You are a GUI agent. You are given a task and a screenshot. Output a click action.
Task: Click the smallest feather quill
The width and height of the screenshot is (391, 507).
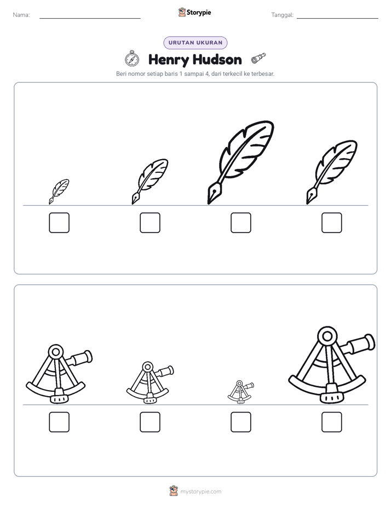[x=59, y=191]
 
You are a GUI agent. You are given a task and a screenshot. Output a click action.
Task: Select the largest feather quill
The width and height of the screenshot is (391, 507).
[x=240, y=162]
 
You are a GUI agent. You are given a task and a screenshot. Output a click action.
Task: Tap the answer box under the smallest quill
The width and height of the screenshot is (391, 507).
[x=59, y=222]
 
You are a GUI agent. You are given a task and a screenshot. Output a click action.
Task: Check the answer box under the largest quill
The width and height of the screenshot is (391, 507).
[x=240, y=222]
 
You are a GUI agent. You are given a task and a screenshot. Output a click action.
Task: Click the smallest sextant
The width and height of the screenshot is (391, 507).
[x=240, y=392]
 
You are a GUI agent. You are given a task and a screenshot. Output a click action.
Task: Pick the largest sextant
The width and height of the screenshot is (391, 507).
[x=332, y=365]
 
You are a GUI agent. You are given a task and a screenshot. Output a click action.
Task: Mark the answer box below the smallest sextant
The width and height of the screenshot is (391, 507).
[x=240, y=422]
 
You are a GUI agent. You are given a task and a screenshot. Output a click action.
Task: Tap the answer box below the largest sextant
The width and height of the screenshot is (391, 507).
[x=332, y=422]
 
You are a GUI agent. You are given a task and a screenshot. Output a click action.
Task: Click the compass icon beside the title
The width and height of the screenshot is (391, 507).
[x=132, y=59]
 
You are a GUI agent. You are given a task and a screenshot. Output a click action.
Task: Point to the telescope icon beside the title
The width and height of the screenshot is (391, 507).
[x=258, y=58]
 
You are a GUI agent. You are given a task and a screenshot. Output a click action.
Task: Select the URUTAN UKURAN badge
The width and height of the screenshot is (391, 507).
[x=196, y=43]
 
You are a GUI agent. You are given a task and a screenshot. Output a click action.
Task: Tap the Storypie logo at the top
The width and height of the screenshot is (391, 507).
[x=194, y=12]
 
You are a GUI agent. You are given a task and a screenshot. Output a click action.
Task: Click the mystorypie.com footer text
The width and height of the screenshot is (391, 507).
[x=200, y=492]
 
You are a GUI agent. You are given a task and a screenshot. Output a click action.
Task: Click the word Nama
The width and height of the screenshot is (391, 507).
[x=21, y=15]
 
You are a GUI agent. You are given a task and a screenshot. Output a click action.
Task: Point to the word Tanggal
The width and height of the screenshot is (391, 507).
[x=282, y=15]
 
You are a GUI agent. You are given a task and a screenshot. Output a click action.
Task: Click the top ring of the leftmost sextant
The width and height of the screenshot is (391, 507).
[x=56, y=352]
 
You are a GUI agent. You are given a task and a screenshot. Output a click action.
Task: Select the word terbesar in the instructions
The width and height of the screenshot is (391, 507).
[x=263, y=74]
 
